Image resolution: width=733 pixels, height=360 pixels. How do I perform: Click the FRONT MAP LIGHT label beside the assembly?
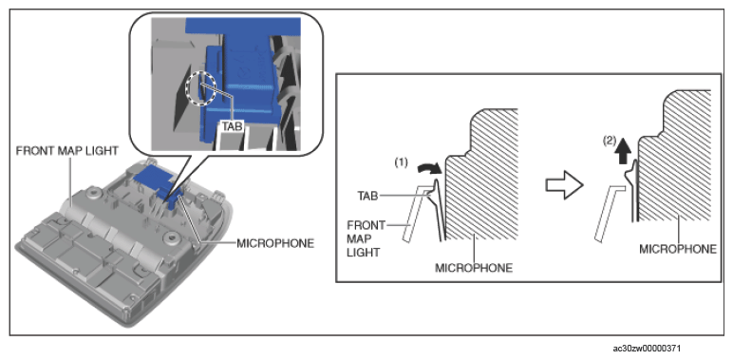[x=66, y=151]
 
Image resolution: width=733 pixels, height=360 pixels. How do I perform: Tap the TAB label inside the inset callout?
[x=232, y=126]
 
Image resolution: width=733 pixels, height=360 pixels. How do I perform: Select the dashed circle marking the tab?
[x=200, y=88]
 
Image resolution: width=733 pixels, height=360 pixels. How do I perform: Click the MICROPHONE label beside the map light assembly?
[x=275, y=243]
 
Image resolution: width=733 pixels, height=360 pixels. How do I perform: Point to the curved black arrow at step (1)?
[x=428, y=168]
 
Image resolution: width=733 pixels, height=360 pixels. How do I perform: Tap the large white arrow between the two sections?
[x=564, y=185]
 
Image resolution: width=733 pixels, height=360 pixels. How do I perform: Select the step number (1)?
[x=401, y=162]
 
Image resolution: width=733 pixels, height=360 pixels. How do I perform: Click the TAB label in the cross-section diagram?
[x=367, y=197]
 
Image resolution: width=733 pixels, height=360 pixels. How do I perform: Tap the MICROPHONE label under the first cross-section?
[x=474, y=268]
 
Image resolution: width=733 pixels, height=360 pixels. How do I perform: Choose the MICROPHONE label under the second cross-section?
[x=678, y=249]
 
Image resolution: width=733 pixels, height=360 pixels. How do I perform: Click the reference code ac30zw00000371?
[x=647, y=349]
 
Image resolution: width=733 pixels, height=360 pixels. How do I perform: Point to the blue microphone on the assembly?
[x=158, y=183]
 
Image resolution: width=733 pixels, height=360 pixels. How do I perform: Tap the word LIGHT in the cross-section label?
[x=365, y=253]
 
